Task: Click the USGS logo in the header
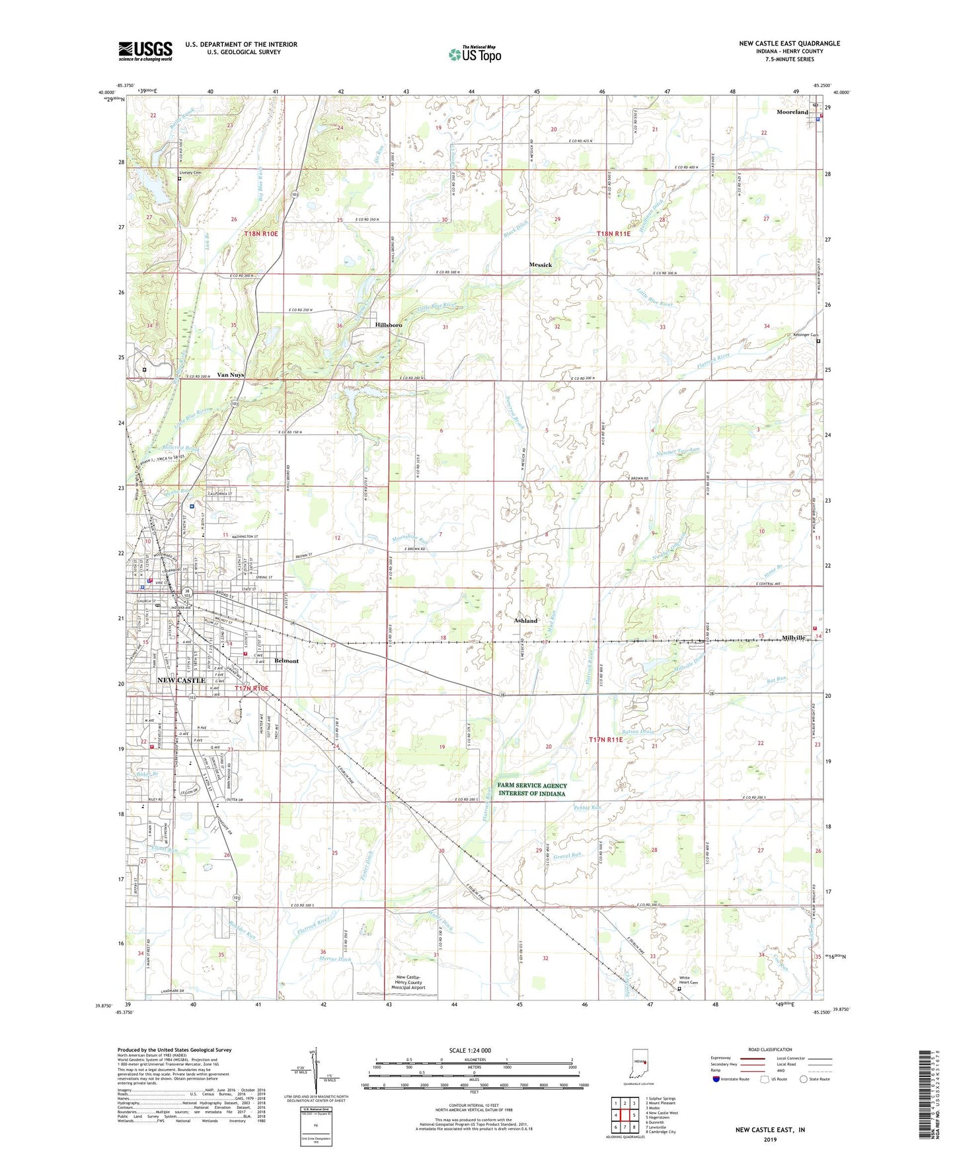pyautogui.click(x=145, y=51)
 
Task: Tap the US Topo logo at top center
pyautogui.click(x=474, y=54)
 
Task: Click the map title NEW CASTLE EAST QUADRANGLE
pyautogui.click(x=789, y=44)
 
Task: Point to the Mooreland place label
pyautogui.click(x=792, y=112)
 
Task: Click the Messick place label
pyautogui.click(x=540, y=265)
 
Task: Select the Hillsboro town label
pyautogui.click(x=389, y=326)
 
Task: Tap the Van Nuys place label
pyautogui.click(x=231, y=374)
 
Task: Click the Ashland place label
pyautogui.click(x=525, y=621)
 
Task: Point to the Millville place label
pyautogui.click(x=793, y=638)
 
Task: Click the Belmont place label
pyautogui.click(x=286, y=661)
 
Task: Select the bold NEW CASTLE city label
pyautogui.click(x=181, y=680)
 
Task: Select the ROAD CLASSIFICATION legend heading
pyautogui.click(x=770, y=1049)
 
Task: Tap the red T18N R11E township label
pyautogui.click(x=613, y=234)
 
